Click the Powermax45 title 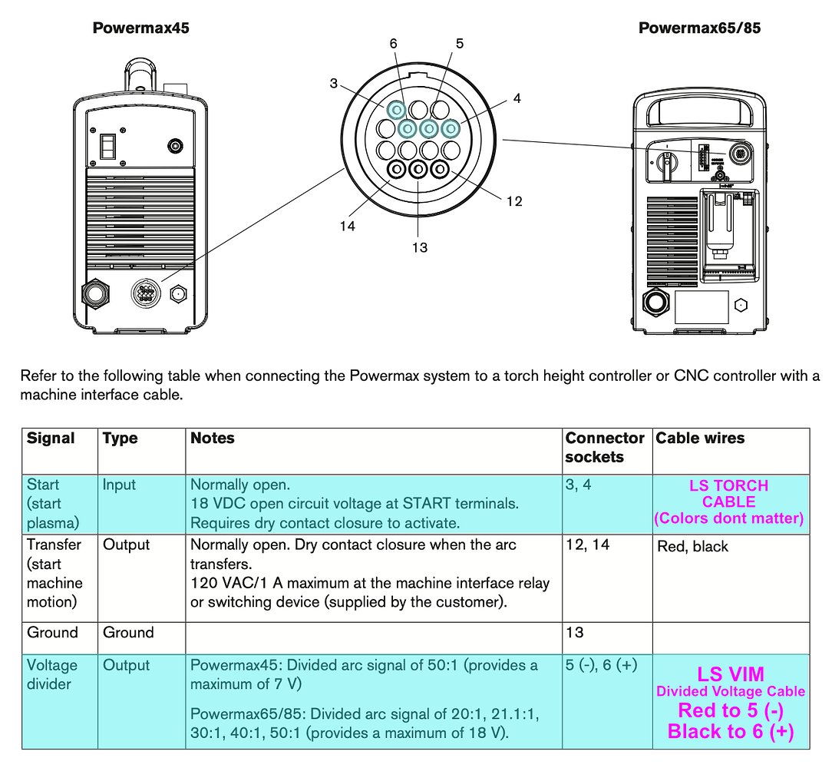pyautogui.click(x=140, y=28)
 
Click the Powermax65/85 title pyautogui.click(x=699, y=28)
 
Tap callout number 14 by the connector pyautogui.click(x=348, y=227)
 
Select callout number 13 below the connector pyautogui.click(x=419, y=247)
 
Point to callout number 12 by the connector pyautogui.click(x=513, y=201)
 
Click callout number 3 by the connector pyautogui.click(x=334, y=83)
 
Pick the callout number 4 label pyautogui.click(x=517, y=98)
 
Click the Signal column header pyautogui.click(x=51, y=439)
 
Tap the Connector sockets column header pyautogui.click(x=605, y=448)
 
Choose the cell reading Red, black pyautogui.click(x=693, y=547)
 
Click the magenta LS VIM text pyautogui.click(x=730, y=674)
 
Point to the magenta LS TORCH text pyautogui.click(x=728, y=485)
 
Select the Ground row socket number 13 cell pyautogui.click(x=574, y=633)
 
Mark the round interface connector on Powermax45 pyautogui.click(x=144, y=293)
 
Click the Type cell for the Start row pyautogui.click(x=119, y=485)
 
